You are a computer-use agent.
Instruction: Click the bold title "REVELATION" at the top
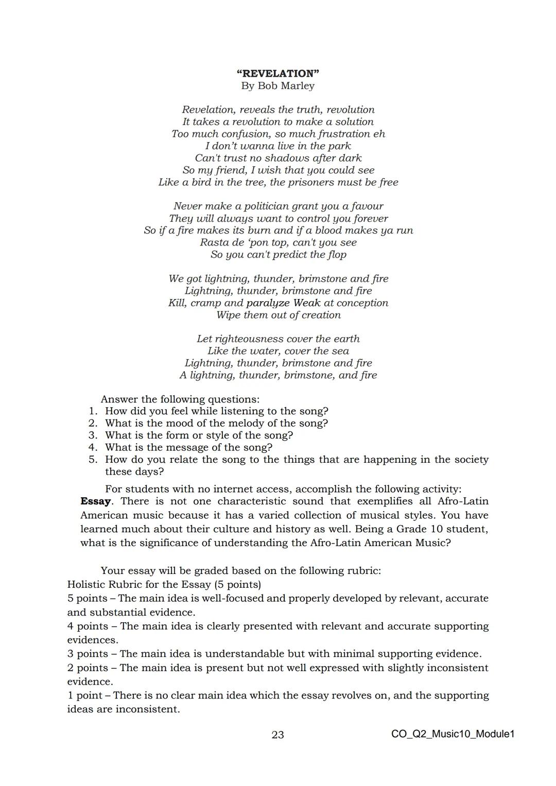tap(278, 74)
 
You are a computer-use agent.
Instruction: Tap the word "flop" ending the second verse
tap(337, 255)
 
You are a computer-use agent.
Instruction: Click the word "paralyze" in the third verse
tap(268, 303)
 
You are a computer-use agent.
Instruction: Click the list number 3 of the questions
tap(93, 435)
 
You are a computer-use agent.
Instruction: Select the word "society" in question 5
tap(468, 460)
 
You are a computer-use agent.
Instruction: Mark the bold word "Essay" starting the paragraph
tap(95, 501)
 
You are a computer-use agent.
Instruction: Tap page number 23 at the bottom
tap(277, 735)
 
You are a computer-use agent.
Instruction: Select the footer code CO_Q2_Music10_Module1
tap(453, 734)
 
